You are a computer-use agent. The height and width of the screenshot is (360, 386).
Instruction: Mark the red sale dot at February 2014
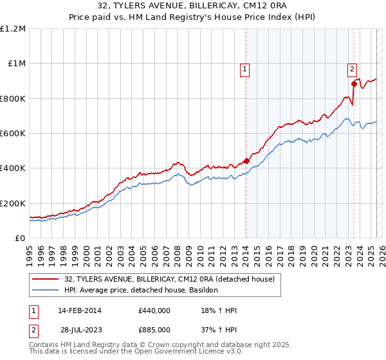[246, 161]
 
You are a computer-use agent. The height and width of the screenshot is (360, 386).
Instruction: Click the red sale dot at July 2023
[354, 84]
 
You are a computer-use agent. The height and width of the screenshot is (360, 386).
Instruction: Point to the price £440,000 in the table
[154, 311]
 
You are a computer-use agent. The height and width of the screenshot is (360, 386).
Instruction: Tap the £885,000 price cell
[154, 329]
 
